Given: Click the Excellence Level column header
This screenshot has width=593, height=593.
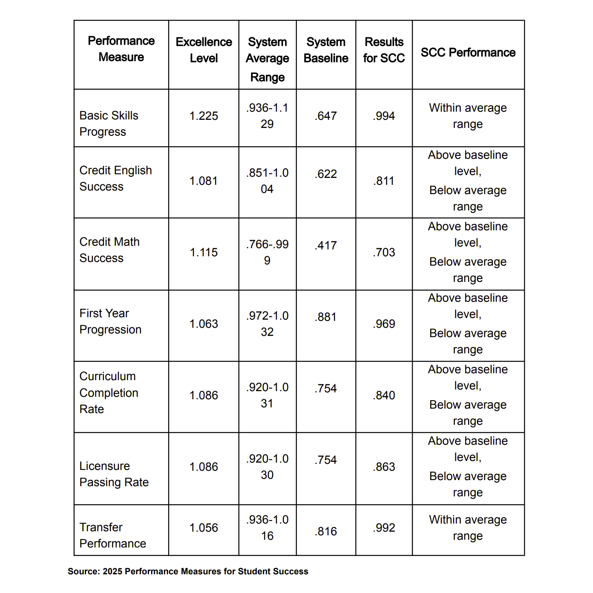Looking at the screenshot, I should coord(203,50).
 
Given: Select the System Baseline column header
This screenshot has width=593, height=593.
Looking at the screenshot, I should coord(326,50).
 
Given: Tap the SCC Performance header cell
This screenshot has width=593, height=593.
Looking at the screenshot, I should coord(468,52).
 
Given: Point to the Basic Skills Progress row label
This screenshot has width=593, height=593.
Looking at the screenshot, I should coord(109,123).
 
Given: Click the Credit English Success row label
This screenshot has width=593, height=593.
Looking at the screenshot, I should coord(115,178).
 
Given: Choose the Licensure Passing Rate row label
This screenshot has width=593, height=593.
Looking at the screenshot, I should coord(114,474).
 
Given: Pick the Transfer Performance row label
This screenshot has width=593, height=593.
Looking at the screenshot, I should coord(113,535).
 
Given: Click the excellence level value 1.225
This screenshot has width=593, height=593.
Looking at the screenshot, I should coord(203,116).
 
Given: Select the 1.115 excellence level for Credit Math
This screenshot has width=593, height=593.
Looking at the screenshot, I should coord(203,252).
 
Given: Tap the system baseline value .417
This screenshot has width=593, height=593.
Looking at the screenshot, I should coord(326,245).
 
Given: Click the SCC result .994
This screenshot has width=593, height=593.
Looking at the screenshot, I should coord(384,116).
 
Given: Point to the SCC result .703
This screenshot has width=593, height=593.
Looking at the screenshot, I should coord(384,252).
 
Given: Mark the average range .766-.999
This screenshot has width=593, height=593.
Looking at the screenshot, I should coord(267,252).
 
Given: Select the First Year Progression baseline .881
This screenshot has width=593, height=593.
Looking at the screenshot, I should coord(326,317).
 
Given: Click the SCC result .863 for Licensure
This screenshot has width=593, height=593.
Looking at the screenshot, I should coord(384,467).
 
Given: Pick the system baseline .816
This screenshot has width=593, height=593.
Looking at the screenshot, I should coord(326,531).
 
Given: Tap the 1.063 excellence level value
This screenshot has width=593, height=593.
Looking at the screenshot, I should coord(203,324).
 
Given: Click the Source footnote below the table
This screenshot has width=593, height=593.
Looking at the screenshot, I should coord(188,571).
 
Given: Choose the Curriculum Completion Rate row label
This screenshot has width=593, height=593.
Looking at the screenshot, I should coord(109,393).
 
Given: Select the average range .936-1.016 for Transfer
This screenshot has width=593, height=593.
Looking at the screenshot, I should coord(267,528).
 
